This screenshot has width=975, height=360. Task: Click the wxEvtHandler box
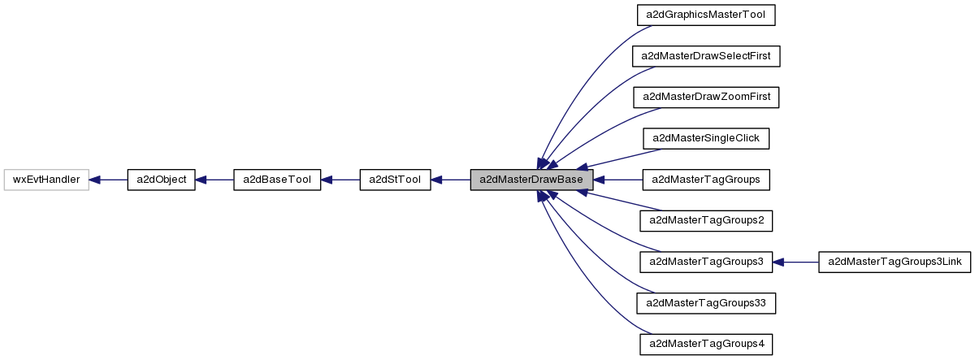pyautogui.click(x=46, y=180)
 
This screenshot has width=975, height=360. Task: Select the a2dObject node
pyautogui.click(x=161, y=180)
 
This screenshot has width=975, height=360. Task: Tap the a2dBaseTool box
pyautogui.click(x=277, y=180)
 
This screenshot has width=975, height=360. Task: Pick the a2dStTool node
pyautogui.click(x=394, y=180)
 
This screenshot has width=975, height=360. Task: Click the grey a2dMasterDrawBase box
pyautogui.click(x=531, y=180)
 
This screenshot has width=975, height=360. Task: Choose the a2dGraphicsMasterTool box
pyautogui.click(x=706, y=15)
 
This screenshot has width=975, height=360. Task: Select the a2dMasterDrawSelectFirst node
pyautogui.click(x=706, y=56)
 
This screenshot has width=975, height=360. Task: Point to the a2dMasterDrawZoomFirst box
pyautogui.click(x=706, y=97)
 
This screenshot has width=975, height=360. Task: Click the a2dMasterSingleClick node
pyautogui.click(x=706, y=138)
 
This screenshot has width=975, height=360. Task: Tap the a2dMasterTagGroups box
pyautogui.click(x=706, y=180)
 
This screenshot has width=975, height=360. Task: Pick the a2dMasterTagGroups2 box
pyautogui.click(x=706, y=220)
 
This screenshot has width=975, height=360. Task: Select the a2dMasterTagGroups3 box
pyautogui.click(x=706, y=262)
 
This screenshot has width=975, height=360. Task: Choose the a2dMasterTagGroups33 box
pyautogui.click(x=706, y=303)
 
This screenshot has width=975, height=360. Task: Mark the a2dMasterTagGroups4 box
pyautogui.click(x=706, y=344)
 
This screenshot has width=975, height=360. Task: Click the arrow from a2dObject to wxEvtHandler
pyautogui.click(x=108, y=180)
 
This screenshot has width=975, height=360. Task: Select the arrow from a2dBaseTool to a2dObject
pyautogui.click(x=214, y=180)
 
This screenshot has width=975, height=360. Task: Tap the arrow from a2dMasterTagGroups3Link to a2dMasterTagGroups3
pyautogui.click(x=795, y=262)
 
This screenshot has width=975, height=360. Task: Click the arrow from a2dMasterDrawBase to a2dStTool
pyautogui.click(x=450, y=180)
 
